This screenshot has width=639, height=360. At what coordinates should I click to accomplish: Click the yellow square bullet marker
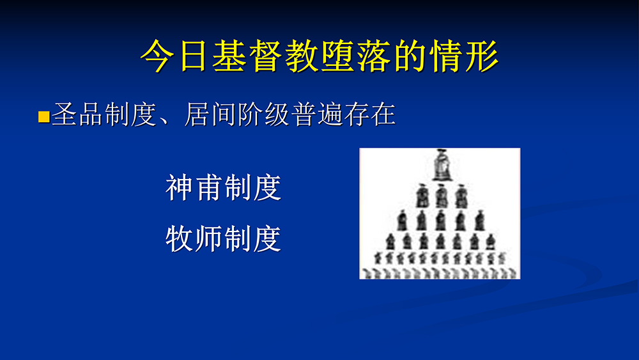[x=43, y=117]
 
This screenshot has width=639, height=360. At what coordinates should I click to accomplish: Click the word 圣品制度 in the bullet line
[x=104, y=114]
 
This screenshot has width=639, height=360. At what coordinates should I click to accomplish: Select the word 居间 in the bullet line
[x=210, y=114]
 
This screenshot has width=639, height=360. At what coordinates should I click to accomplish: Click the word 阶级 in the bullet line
[x=263, y=114]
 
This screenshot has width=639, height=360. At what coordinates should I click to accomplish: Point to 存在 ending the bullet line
[x=369, y=114]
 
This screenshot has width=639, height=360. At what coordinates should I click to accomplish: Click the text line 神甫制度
[x=223, y=187]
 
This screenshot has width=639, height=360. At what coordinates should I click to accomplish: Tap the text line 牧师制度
[x=223, y=239]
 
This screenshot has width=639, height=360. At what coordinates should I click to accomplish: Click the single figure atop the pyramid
[x=442, y=165]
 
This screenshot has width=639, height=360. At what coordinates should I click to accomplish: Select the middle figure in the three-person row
[x=442, y=196]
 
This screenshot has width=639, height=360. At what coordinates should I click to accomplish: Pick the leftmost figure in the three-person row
[x=422, y=196]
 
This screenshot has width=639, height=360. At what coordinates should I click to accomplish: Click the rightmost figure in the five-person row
[x=480, y=221]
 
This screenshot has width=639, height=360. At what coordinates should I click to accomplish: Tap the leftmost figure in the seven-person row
[x=390, y=242]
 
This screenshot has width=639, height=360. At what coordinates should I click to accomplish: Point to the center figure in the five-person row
[x=440, y=221]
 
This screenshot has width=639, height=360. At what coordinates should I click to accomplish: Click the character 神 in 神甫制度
[x=180, y=187]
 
